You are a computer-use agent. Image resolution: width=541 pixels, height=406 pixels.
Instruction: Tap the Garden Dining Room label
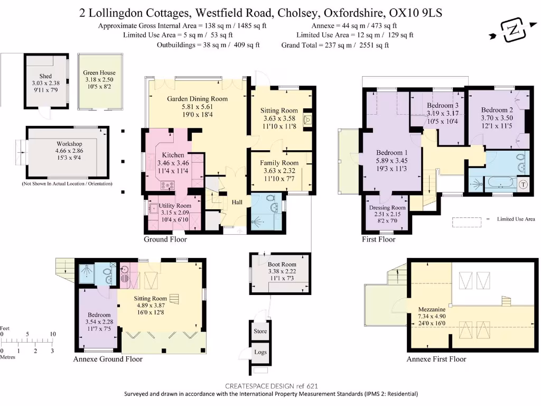coord(197,99)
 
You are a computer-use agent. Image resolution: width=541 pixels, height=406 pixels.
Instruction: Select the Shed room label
coord(45,76)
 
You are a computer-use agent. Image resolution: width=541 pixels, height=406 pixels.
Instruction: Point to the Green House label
coord(99,73)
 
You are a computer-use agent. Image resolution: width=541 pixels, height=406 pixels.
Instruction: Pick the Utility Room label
coord(176,206)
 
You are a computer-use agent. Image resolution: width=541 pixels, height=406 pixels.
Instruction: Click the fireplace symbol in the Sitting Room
coord(307,121)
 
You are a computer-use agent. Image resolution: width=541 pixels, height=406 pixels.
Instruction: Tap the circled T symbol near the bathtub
coord(523,184)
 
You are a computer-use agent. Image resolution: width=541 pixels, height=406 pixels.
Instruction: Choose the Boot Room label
coord(282,264)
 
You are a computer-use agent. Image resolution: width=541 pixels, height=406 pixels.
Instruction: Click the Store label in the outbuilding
coord(260,331)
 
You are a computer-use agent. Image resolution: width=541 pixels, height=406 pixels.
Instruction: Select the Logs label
coord(260,353)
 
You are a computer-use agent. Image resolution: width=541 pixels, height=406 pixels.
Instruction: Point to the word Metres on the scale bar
coord(7,357)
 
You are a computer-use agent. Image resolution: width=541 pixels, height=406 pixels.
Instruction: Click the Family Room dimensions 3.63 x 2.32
coord(279,171)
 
